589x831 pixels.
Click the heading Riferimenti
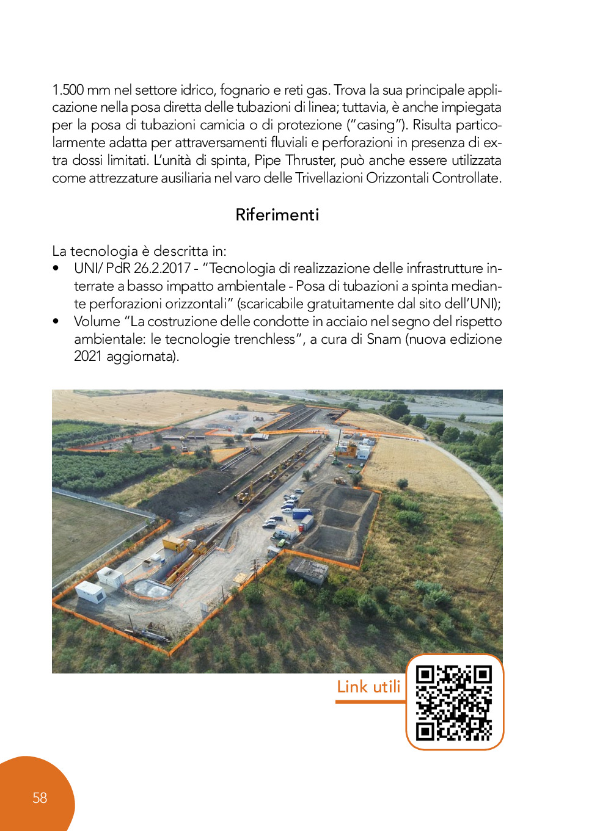point(277,214)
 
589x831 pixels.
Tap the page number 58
point(40,798)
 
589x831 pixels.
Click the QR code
point(454,702)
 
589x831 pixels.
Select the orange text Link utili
point(368,687)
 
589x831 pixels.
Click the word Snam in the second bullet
point(384,339)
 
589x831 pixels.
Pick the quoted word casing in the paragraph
point(375,125)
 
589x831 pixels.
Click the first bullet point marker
point(56,268)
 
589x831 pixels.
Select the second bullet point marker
point(56,321)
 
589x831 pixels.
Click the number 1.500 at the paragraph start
point(68,90)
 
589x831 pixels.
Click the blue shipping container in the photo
point(301,513)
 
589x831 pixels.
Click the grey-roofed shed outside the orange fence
point(309,570)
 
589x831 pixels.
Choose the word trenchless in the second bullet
point(263,339)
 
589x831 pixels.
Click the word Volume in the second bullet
point(97,321)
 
